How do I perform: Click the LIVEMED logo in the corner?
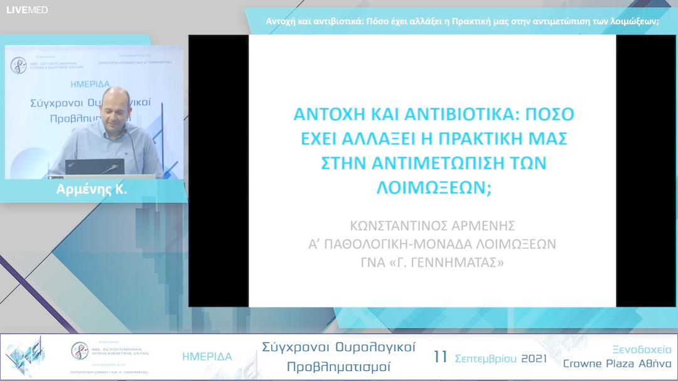pyautogui.click(x=27, y=9)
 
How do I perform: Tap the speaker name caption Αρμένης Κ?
pyautogui.click(x=92, y=190)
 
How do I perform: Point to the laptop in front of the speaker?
pyautogui.click(x=95, y=167)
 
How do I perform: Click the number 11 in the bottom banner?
pyautogui.click(x=441, y=357)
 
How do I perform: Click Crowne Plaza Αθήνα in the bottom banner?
pyautogui.click(x=617, y=364)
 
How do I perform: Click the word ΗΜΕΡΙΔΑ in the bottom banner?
pyautogui.click(x=207, y=357)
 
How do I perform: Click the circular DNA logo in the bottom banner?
pyautogui.click(x=79, y=350)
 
